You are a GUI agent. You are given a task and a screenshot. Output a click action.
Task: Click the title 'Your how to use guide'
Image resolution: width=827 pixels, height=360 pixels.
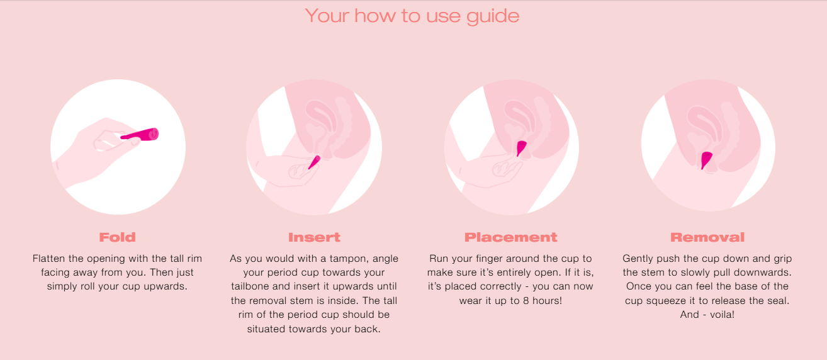(412, 16)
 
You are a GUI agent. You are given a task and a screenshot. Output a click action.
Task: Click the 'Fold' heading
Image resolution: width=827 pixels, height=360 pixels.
(118, 237)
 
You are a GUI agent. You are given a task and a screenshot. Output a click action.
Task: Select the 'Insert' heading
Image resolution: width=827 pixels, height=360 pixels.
(314, 237)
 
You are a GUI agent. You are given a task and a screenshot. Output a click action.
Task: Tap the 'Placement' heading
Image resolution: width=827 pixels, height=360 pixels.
(510, 237)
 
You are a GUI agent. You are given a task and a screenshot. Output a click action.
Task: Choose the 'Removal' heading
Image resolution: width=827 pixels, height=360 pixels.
(707, 237)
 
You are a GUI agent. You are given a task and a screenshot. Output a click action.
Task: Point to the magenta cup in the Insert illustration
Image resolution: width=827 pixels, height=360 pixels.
(314, 162)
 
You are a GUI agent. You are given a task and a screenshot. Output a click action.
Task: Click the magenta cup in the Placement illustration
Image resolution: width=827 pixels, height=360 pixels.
(521, 148)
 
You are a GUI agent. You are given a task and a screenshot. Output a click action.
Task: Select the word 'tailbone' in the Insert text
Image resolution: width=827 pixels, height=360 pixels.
(248, 286)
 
